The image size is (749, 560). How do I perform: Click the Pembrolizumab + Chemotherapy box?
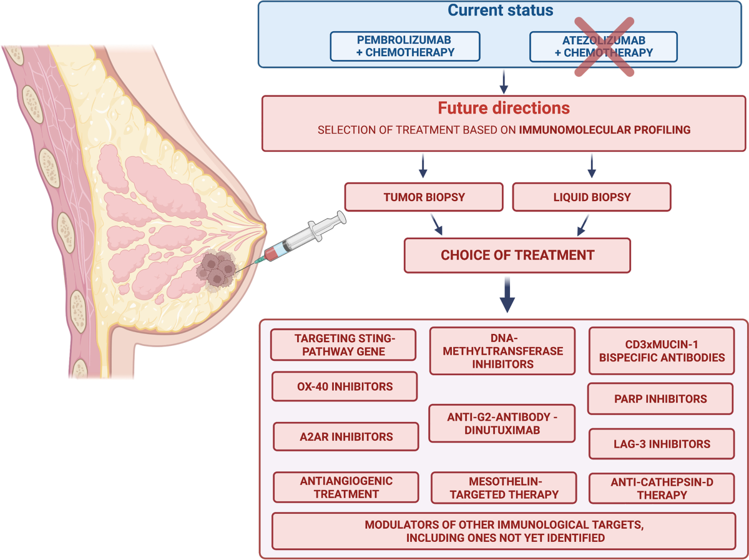click(x=405, y=46)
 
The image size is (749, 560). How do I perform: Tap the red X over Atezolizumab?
click(x=604, y=47)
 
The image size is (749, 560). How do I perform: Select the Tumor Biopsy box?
click(x=424, y=197)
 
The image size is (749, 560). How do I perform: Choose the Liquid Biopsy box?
click(x=592, y=197)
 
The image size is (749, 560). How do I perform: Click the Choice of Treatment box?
click(x=517, y=255)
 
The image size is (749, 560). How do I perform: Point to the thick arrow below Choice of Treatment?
click(x=507, y=295)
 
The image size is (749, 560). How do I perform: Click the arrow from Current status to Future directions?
click(x=504, y=82)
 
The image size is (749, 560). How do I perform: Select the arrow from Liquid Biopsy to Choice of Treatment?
click(x=583, y=225)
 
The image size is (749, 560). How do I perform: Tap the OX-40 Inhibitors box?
click(x=345, y=386)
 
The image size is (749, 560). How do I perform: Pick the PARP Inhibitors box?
click(x=660, y=398)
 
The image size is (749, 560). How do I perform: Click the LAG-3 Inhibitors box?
click(x=662, y=444)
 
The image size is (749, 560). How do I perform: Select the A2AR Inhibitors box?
click(x=346, y=436)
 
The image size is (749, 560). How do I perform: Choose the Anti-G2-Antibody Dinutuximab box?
click(x=502, y=423)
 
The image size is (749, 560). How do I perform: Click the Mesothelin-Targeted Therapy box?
click(x=504, y=488)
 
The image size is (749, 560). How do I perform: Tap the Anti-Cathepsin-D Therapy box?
click(x=662, y=488)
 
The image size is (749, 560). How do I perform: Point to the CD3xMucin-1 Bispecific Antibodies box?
click(x=662, y=351)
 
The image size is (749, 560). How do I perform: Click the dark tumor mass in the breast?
click(x=217, y=270)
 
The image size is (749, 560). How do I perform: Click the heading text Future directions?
click(x=504, y=108)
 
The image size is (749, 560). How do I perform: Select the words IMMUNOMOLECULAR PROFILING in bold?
click(x=605, y=130)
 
